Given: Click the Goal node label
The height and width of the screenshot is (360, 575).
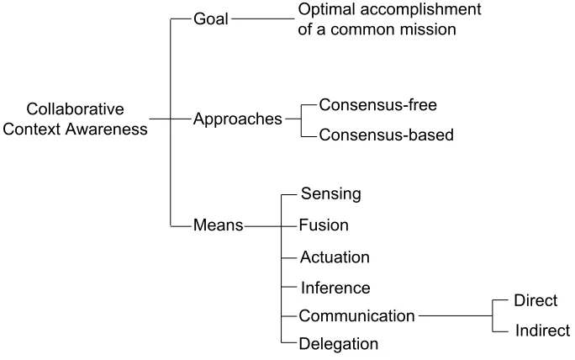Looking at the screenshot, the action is (x=211, y=19).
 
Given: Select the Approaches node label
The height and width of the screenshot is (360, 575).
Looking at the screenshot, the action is (x=238, y=119).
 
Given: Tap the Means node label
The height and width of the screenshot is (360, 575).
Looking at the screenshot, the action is (x=219, y=225).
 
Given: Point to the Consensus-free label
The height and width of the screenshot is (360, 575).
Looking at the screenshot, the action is (x=377, y=105).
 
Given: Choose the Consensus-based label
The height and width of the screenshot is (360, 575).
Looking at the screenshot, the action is (x=386, y=135).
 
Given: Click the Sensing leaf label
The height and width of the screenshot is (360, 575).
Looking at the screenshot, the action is (x=330, y=193).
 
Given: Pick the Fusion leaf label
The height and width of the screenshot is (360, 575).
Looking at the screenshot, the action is (x=324, y=225).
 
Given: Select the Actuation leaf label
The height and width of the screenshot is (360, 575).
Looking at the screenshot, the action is (x=335, y=257).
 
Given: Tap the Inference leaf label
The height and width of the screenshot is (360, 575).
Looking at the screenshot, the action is (x=335, y=288).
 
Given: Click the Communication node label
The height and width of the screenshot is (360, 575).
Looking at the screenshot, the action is (x=356, y=316).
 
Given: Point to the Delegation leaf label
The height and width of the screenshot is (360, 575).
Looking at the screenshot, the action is (x=339, y=344).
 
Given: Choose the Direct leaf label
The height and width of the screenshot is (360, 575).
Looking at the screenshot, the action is (x=535, y=300).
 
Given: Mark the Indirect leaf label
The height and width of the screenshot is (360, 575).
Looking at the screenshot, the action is (x=542, y=331).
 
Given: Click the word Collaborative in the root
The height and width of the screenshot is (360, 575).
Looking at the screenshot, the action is (x=75, y=109).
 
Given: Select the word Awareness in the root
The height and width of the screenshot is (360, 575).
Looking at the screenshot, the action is (x=107, y=130).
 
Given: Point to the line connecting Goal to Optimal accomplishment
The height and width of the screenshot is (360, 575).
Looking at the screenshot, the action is (x=263, y=19).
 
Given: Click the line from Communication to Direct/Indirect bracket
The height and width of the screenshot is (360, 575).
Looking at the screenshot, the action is (x=455, y=315).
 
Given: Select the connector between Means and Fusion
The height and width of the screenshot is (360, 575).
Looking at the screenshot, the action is (x=270, y=226).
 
